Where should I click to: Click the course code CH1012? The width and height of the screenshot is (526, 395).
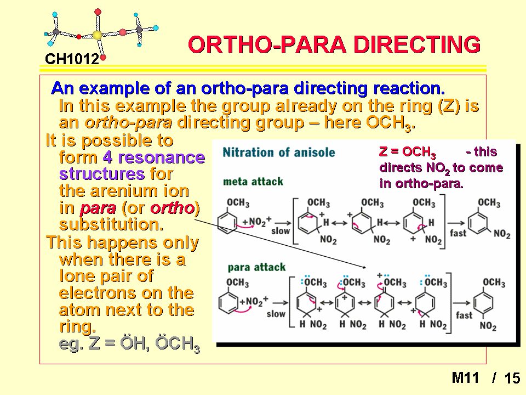[72, 59]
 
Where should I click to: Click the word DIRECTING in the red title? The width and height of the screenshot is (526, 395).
[417, 44]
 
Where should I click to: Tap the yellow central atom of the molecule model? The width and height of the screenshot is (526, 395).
[98, 35]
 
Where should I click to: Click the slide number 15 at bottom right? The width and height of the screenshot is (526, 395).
[512, 378]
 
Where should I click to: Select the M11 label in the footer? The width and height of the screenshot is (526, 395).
[465, 378]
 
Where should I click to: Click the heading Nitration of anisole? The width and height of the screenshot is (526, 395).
[279, 153]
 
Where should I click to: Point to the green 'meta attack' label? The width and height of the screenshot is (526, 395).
[253, 182]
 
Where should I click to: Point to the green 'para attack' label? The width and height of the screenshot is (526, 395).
[256, 267]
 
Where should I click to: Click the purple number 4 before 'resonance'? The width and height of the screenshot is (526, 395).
[107, 157]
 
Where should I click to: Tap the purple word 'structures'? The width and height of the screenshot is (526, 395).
[102, 174]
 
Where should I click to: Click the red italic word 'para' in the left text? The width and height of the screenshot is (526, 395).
[98, 208]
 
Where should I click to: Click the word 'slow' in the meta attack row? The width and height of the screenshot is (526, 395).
[281, 231]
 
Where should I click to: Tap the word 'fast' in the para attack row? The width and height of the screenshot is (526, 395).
[464, 315]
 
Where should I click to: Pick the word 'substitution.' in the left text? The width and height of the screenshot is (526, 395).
[111, 224]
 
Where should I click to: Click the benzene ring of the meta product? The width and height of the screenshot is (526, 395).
[478, 223]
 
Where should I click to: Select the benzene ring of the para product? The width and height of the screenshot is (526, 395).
[483, 303]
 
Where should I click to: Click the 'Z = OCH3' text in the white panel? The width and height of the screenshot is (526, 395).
[407, 152]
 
